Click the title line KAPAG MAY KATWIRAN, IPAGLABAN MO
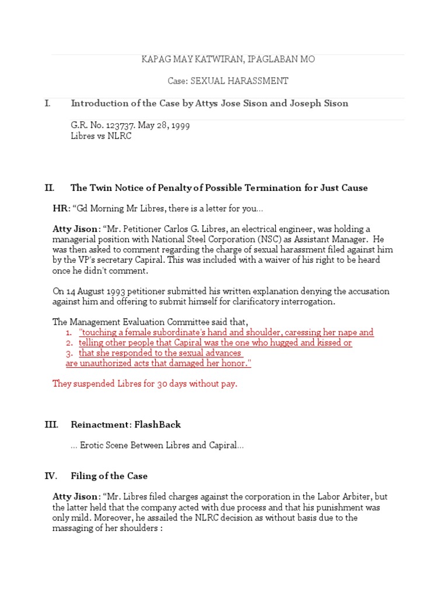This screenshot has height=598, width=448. (x=228, y=60)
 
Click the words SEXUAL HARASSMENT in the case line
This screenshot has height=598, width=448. (x=252, y=81)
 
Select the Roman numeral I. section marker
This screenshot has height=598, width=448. (x=47, y=103)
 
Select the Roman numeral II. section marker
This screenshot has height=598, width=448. (x=49, y=187)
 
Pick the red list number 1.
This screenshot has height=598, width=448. (x=69, y=332)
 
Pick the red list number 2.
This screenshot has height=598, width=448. (x=69, y=343)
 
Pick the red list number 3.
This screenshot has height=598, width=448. (x=69, y=353)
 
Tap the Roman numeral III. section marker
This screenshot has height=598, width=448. (x=51, y=425)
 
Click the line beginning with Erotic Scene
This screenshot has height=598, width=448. (x=157, y=446)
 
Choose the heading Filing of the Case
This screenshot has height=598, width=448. (x=109, y=476)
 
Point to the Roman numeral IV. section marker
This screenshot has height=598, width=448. (x=51, y=476)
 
